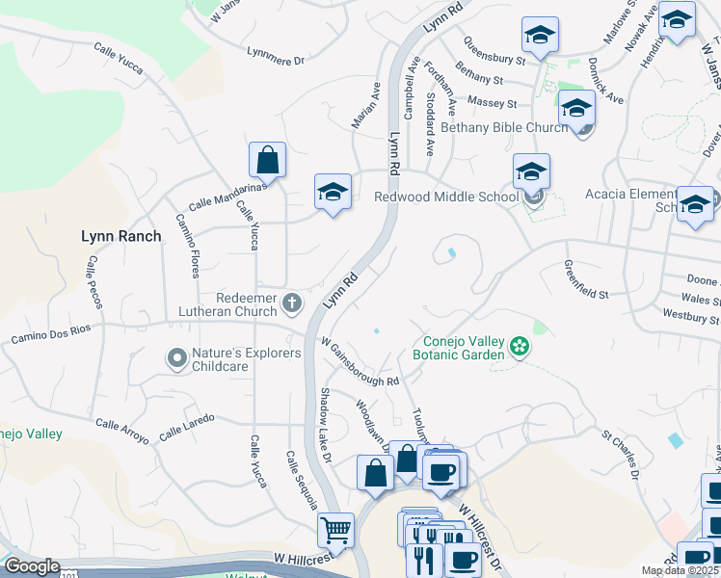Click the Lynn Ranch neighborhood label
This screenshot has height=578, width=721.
click(120, 235)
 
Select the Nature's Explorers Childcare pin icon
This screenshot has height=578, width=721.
click(176, 359)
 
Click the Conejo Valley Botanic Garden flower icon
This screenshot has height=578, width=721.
click(520, 346)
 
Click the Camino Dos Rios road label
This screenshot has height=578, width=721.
click(50, 333)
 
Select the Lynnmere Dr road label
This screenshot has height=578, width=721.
click(276, 57)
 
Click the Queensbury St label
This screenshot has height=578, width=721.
click(494, 50)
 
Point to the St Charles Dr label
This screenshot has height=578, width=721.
click(621, 454)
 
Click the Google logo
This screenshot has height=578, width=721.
click(32, 566)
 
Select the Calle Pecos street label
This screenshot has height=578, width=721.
click(93, 282)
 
